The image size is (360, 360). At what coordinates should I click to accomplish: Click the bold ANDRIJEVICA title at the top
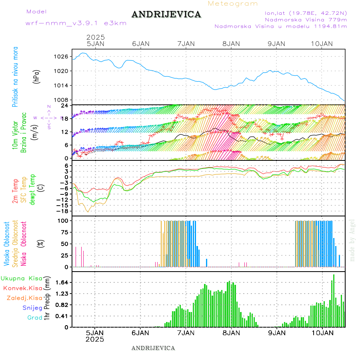point(166,15)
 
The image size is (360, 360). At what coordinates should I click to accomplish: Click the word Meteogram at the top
point(233,4)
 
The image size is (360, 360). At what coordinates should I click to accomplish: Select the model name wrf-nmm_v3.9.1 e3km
point(76,23)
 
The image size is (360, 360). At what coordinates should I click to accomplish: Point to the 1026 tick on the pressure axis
point(62,56)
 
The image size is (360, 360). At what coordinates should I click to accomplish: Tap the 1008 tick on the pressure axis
point(62,100)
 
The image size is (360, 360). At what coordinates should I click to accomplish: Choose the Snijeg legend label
point(32,308)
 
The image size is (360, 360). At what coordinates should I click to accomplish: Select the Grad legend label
point(34,318)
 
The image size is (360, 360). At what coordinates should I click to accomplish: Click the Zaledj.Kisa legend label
point(24,298)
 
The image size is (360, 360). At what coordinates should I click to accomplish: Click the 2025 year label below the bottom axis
point(95,339)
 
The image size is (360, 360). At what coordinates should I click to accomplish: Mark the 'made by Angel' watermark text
point(352,240)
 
